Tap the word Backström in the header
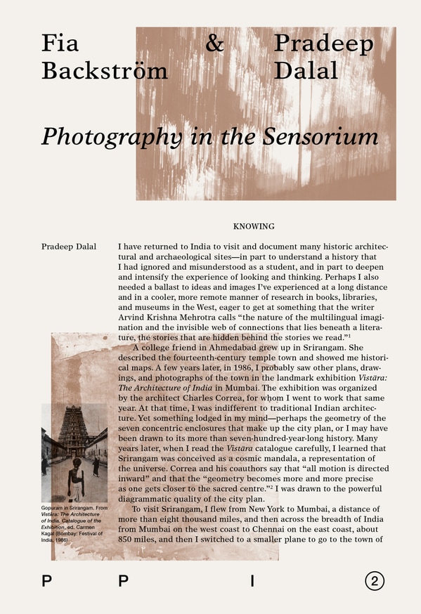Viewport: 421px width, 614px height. click(x=105, y=70)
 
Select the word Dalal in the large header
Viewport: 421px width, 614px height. click(x=306, y=70)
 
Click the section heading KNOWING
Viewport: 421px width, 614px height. click(x=253, y=227)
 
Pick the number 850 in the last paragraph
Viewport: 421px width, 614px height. click(x=129, y=540)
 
